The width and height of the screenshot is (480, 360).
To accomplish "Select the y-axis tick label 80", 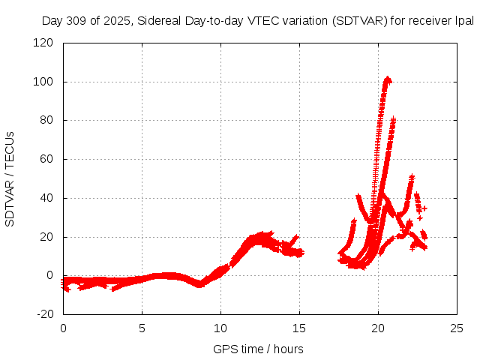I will (x=48, y=120).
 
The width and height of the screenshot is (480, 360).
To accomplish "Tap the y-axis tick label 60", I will (x=48, y=159).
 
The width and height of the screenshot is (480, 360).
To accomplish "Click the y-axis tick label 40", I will (x=48, y=198).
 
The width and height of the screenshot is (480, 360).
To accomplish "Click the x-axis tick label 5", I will (x=142, y=328).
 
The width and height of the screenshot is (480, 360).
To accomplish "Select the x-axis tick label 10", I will (x=220, y=328).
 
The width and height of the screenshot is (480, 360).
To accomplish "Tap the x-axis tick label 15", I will (x=299, y=328).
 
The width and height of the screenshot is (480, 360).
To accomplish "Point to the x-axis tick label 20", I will (x=378, y=328).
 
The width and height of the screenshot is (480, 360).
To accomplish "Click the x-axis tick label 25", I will (x=457, y=328).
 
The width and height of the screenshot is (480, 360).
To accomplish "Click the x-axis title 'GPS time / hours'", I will (x=258, y=349).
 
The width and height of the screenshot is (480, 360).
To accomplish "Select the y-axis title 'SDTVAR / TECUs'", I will (x=10, y=178).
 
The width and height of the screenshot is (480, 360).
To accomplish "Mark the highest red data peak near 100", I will (x=387, y=78).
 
